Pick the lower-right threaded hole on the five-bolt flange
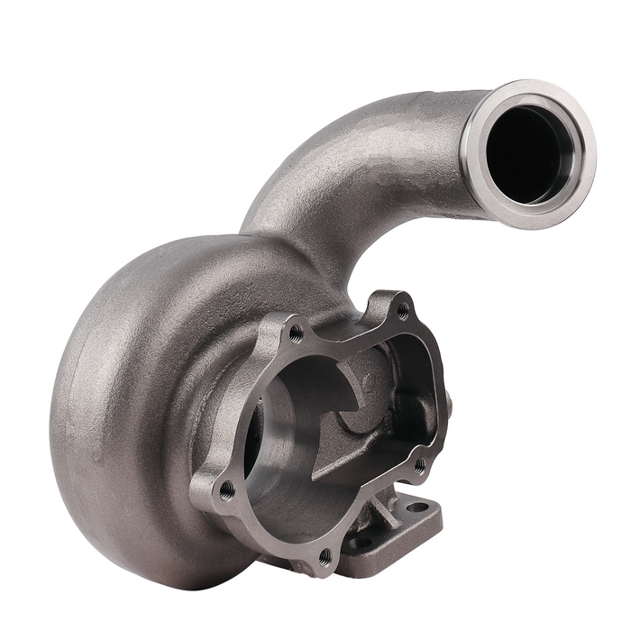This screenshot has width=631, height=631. click(x=420, y=465)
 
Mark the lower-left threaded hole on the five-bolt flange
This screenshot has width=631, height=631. click(x=225, y=489)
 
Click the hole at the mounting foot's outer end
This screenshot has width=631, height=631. click(x=417, y=507)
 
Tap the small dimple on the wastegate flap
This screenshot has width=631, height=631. click(x=367, y=382)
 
